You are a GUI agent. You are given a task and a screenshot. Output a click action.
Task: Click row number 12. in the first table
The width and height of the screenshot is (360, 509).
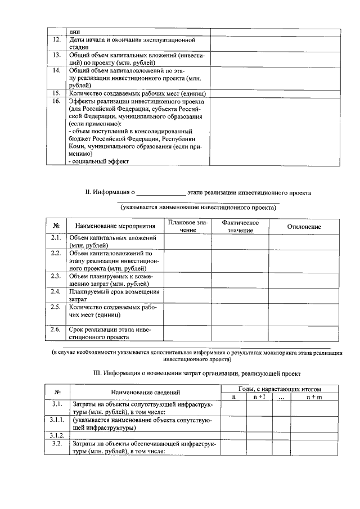coord(56,39)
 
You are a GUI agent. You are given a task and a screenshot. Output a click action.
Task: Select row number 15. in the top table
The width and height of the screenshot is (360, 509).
coord(56,92)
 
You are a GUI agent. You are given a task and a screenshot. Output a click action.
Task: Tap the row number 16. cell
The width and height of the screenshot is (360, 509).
coord(56,101)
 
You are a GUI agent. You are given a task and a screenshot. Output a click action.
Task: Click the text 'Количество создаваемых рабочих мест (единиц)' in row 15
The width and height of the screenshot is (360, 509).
coord(137,93)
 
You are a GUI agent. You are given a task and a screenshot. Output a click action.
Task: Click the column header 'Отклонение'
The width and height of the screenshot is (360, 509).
coord(304,226)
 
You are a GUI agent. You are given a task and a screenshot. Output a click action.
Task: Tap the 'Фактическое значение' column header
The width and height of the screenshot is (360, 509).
coord(240,227)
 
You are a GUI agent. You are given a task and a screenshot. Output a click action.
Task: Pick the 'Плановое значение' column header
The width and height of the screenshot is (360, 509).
coord(188,227)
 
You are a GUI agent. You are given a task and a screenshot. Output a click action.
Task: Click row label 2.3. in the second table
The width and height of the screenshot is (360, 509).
coord(56,276)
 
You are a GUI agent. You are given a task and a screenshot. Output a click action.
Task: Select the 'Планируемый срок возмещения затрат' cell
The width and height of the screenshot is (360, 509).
coord(114,295)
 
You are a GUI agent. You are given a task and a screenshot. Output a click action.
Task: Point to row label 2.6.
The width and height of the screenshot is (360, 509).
coord(56,328)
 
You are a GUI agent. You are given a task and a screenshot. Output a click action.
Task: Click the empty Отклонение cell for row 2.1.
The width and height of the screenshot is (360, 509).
coord(304,241)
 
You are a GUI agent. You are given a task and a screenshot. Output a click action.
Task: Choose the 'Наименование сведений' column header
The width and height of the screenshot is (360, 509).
coord(145,392)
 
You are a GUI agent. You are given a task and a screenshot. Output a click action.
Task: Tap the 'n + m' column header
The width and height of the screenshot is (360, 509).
coord(314,397)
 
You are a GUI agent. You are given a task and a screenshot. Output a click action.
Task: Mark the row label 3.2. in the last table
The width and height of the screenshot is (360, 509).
coord(56,444)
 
